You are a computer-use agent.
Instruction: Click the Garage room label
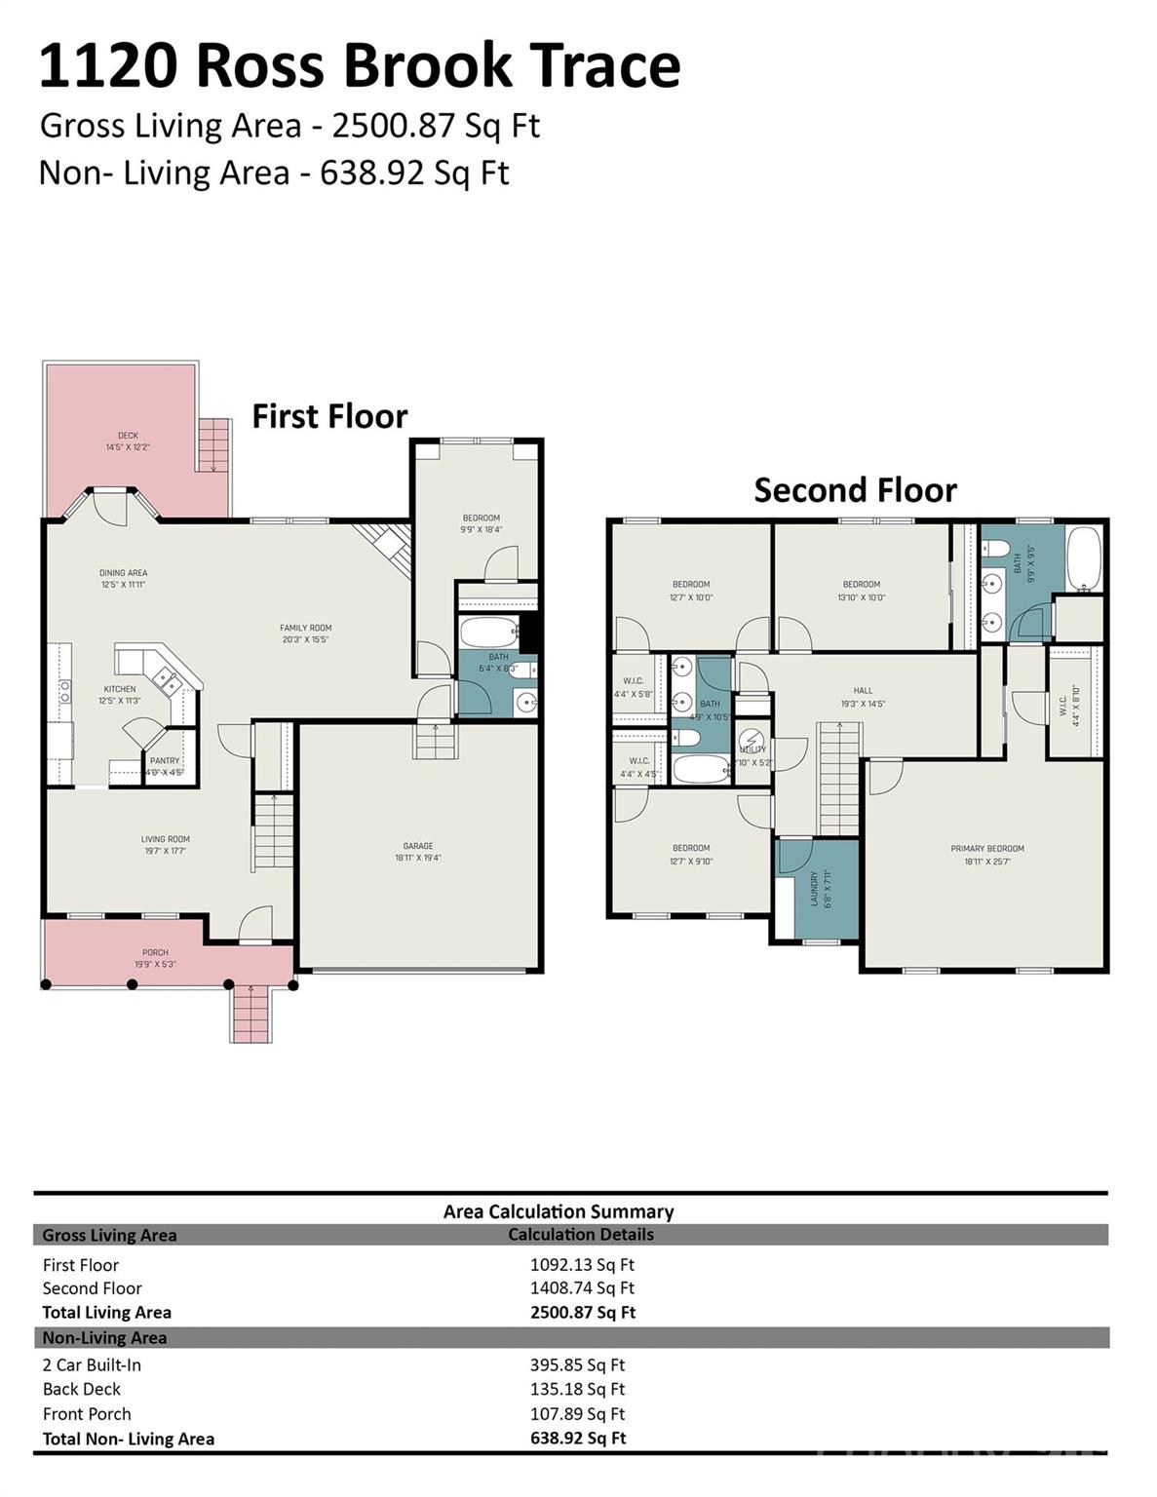pos(418,846)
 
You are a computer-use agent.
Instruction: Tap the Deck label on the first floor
pos(128,436)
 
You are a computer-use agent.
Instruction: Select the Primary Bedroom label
pos(987,849)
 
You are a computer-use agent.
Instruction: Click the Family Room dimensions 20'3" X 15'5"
pos(306,640)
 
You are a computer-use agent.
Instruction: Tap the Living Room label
pos(166,839)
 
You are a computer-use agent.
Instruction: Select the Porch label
pos(155,952)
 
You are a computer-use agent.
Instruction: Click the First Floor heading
pos(329,416)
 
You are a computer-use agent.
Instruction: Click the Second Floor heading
pos(855,490)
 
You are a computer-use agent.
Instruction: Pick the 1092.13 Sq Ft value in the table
pos(582,1265)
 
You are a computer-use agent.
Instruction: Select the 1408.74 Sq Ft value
pos(582,1288)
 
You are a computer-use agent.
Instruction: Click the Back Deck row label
pos(82,1390)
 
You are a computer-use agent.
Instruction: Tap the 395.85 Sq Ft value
pos(577,1365)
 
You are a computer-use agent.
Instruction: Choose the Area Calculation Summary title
pos(559,1211)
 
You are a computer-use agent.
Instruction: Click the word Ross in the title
pos(255,66)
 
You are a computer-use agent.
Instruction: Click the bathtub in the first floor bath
pos(490,633)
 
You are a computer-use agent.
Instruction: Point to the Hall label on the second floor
pos(863,691)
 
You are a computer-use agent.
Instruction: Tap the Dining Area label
pos(124,573)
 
